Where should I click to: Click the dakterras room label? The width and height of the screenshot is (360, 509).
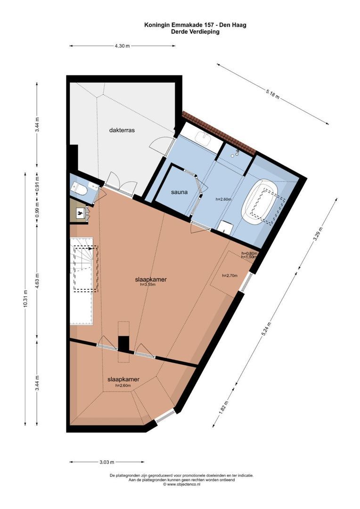click(122, 130)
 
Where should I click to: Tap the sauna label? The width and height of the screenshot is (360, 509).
click(179, 192)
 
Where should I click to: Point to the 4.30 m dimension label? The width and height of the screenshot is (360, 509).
click(122, 46)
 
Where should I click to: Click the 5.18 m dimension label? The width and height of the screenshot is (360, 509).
click(272, 94)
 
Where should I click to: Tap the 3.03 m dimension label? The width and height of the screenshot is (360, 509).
click(106, 461)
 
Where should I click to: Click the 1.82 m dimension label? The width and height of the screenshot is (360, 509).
click(224, 408)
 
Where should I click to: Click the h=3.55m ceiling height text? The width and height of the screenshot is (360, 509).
click(148, 285)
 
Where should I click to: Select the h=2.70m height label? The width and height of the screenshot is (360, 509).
click(229, 276)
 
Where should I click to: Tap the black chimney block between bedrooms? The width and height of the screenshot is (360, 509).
click(123, 344)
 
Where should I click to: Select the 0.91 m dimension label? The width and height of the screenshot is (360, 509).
click(37, 183)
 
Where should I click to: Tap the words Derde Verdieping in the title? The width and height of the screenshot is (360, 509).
click(196, 32)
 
